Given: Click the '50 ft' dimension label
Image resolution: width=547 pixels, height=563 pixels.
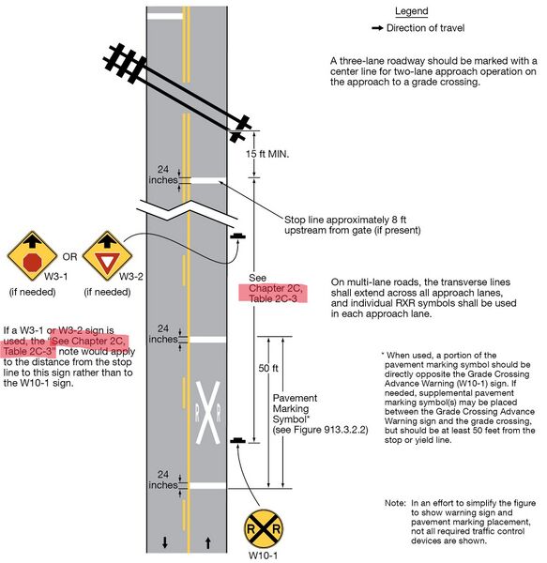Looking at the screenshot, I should pyautogui.click(x=267, y=369).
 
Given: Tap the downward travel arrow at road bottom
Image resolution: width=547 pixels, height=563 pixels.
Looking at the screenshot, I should pyautogui.click(x=165, y=541).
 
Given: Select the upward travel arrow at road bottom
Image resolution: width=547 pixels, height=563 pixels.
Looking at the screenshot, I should pyautogui.click(x=207, y=541).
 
